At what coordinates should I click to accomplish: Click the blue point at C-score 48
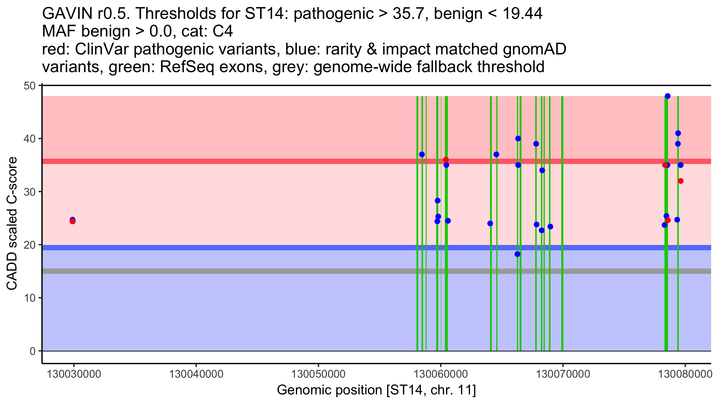pyautogui.click(x=667, y=96)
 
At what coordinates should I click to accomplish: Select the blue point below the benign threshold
pyautogui.click(x=517, y=254)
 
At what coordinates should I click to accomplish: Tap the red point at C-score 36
pyautogui.click(x=446, y=160)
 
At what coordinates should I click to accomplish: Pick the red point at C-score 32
pyautogui.click(x=681, y=181)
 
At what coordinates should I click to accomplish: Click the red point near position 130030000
pyautogui.click(x=72, y=221)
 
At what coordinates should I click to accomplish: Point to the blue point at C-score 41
pyautogui.click(x=678, y=133)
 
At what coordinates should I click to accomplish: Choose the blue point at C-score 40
pyautogui.click(x=518, y=139)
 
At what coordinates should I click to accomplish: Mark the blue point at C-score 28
pyautogui.click(x=438, y=201)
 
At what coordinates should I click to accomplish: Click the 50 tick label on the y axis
pyautogui.click(x=29, y=86)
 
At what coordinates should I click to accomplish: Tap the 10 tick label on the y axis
pyautogui.click(x=29, y=298)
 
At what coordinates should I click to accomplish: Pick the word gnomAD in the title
pyautogui.click(x=534, y=49)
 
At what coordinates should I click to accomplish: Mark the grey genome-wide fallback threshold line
pyautogui.click(x=239, y=271)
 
